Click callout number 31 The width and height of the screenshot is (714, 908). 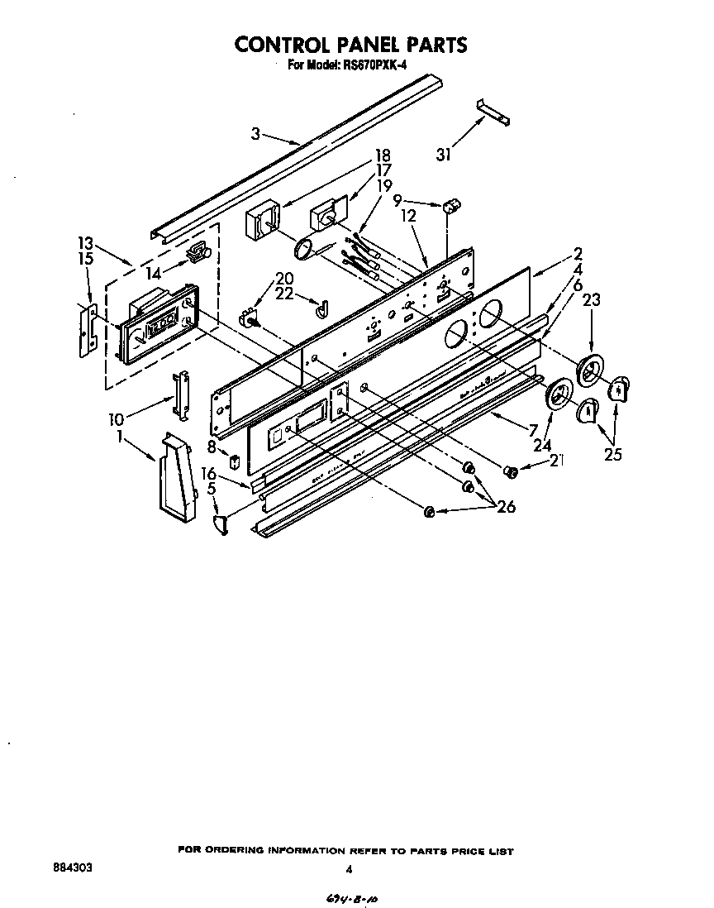[444, 154]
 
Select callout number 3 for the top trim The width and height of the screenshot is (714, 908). [255, 132]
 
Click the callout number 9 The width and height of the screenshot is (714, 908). [397, 199]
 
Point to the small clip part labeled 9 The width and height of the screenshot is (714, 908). [452, 204]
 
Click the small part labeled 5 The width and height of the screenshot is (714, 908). [221, 523]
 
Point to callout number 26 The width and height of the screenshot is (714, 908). [505, 506]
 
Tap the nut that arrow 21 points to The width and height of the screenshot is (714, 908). [511, 471]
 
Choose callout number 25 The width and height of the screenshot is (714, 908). [612, 452]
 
